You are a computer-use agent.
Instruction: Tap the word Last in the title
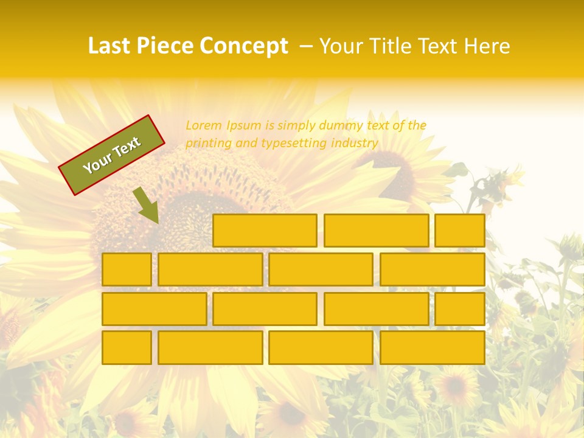pos(111,46)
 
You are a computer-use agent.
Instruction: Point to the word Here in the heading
pos(487,46)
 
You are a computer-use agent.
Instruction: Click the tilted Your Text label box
pos(112,155)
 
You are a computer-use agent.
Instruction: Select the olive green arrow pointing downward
pos(146,205)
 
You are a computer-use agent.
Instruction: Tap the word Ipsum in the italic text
pos(245,126)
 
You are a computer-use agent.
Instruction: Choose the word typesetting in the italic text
pos(294,144)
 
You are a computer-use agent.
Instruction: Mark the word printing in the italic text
pos(206,144)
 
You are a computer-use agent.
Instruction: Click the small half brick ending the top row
pos(460,231)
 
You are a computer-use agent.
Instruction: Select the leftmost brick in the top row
pos(265,231)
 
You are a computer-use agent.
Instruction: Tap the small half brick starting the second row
pos(127,269)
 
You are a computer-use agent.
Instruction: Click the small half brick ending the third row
pos(460,309)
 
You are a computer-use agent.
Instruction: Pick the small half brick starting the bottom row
pos(127,347)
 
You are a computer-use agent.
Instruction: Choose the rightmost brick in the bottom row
pos(433,347)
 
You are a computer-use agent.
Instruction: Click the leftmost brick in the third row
pos(154,309)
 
